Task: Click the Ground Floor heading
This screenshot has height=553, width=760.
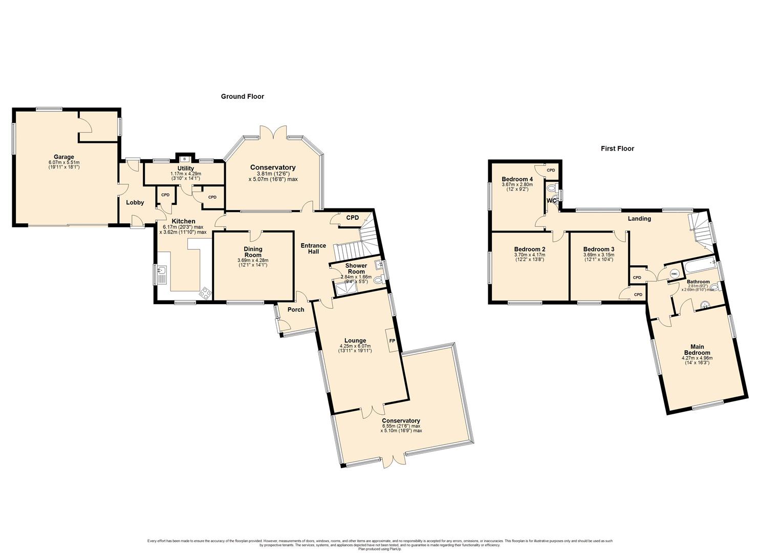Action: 242,96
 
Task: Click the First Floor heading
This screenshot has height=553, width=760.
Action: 617,148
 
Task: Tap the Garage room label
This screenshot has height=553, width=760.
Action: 64,157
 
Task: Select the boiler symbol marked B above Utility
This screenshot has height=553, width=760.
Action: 184,159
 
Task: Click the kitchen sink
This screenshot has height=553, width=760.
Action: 162,274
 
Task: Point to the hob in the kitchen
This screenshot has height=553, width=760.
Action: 206,293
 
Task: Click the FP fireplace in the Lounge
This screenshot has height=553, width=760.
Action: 392,341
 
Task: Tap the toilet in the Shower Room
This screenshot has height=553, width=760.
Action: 379,280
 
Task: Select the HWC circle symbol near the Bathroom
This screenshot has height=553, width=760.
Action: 674,274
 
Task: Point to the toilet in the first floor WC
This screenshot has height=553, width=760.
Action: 551,188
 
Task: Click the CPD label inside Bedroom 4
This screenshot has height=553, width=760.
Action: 551,170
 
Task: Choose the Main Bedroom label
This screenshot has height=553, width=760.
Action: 697,350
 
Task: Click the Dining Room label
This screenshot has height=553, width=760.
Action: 253,252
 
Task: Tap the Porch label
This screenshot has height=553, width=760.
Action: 296,309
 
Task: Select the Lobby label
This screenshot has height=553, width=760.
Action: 135,202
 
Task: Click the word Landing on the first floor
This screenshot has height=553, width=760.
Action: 639,219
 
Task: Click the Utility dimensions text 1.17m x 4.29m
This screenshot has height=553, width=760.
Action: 185,174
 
